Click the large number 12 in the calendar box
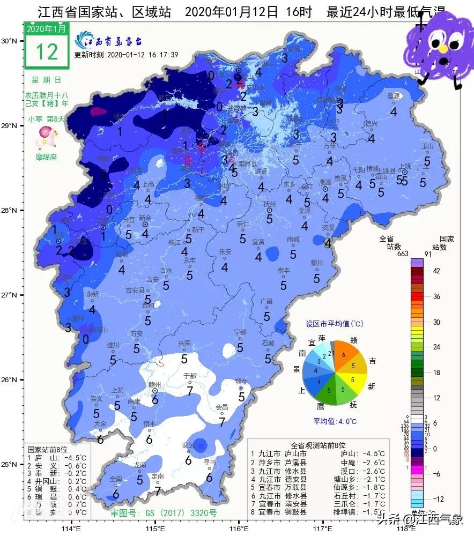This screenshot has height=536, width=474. pyautogui.click(x=47, y=51)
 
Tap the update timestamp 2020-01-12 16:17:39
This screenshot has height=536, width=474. pyautogui.click(x=126, y=55)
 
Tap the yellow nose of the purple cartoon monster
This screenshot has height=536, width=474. pyautogui.click(x=443, y=49)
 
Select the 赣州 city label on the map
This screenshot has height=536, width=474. pyautogui.click(x=155, y=385)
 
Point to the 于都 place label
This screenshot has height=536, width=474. pyautogui.click(x=190, y=375)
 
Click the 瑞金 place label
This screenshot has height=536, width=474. pyautogui.click(x=242, y=381)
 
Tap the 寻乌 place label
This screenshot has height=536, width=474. pyautogui.click(x=209, y=461)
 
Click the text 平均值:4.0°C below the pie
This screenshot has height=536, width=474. pyautogui.click(x=335, y=422)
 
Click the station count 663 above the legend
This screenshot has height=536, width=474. pyautogui.click(x=403, y=254)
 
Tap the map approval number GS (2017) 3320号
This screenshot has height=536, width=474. pyautogui.click(x=164, y=513)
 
